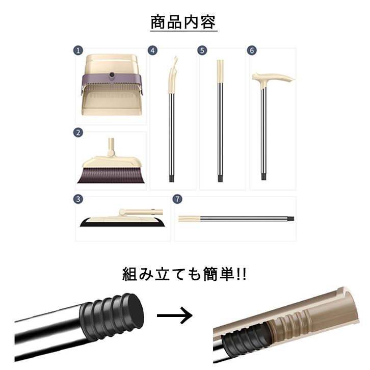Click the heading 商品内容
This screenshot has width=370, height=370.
183,22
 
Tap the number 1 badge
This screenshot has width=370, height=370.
78,50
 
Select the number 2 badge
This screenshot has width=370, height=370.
78,133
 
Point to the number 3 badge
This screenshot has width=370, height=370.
78,199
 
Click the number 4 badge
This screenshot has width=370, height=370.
153,50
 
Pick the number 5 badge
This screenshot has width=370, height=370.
202,50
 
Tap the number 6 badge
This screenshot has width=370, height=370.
252,50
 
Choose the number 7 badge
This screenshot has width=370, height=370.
177,199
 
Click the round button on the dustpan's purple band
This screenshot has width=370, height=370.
112,75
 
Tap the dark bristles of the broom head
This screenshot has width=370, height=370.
111,175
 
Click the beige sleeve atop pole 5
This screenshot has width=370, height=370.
220,71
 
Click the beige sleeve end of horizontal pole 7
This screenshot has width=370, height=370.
189,219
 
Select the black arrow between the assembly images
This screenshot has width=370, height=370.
175,315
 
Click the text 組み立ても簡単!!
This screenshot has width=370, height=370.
184,274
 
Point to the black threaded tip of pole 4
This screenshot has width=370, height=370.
172,178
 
